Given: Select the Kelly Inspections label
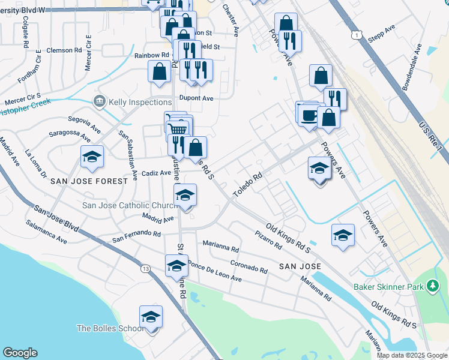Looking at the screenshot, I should (140, 102).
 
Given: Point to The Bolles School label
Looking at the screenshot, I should (110, 328).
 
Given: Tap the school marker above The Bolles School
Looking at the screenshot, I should (151, 317).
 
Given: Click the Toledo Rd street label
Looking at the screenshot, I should (249, 181).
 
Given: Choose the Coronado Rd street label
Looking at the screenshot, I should (249, 266).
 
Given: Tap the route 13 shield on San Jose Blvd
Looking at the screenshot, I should (146, 269).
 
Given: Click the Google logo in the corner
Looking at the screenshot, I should (20, 353).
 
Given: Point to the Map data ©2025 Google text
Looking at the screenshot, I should (412, 355).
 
